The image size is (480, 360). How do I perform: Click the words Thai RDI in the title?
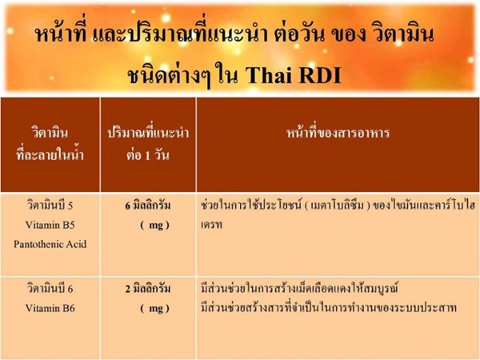[x=294, y=74]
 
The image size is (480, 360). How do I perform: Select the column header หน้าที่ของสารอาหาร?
[x=338, y=133]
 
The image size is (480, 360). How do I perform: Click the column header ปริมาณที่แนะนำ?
[x=148, y=133]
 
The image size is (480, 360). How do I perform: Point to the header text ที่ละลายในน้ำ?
[x=50, y=154]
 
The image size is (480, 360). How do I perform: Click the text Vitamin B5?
[x=50, y=225]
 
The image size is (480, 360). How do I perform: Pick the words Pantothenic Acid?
[x=50, y=244]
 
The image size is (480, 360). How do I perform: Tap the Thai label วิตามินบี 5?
[x=50, y=205]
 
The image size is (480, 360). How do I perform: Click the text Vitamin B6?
[x=50, y=308]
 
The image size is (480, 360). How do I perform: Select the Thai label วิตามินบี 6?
[x=50, y=288]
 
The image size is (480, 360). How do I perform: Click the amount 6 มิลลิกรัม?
[x=147, y=205]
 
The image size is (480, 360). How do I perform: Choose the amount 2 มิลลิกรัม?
[x=147, y=288]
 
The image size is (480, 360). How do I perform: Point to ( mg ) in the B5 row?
[x=154, y=226]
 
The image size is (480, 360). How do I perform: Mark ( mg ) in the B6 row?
[x=154, y=308]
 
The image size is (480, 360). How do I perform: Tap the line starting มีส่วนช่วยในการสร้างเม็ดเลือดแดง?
[x=299, y=288]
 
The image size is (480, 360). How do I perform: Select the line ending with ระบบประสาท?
[x=329, y=307]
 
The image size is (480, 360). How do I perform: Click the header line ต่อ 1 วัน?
[x=147, y=155]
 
